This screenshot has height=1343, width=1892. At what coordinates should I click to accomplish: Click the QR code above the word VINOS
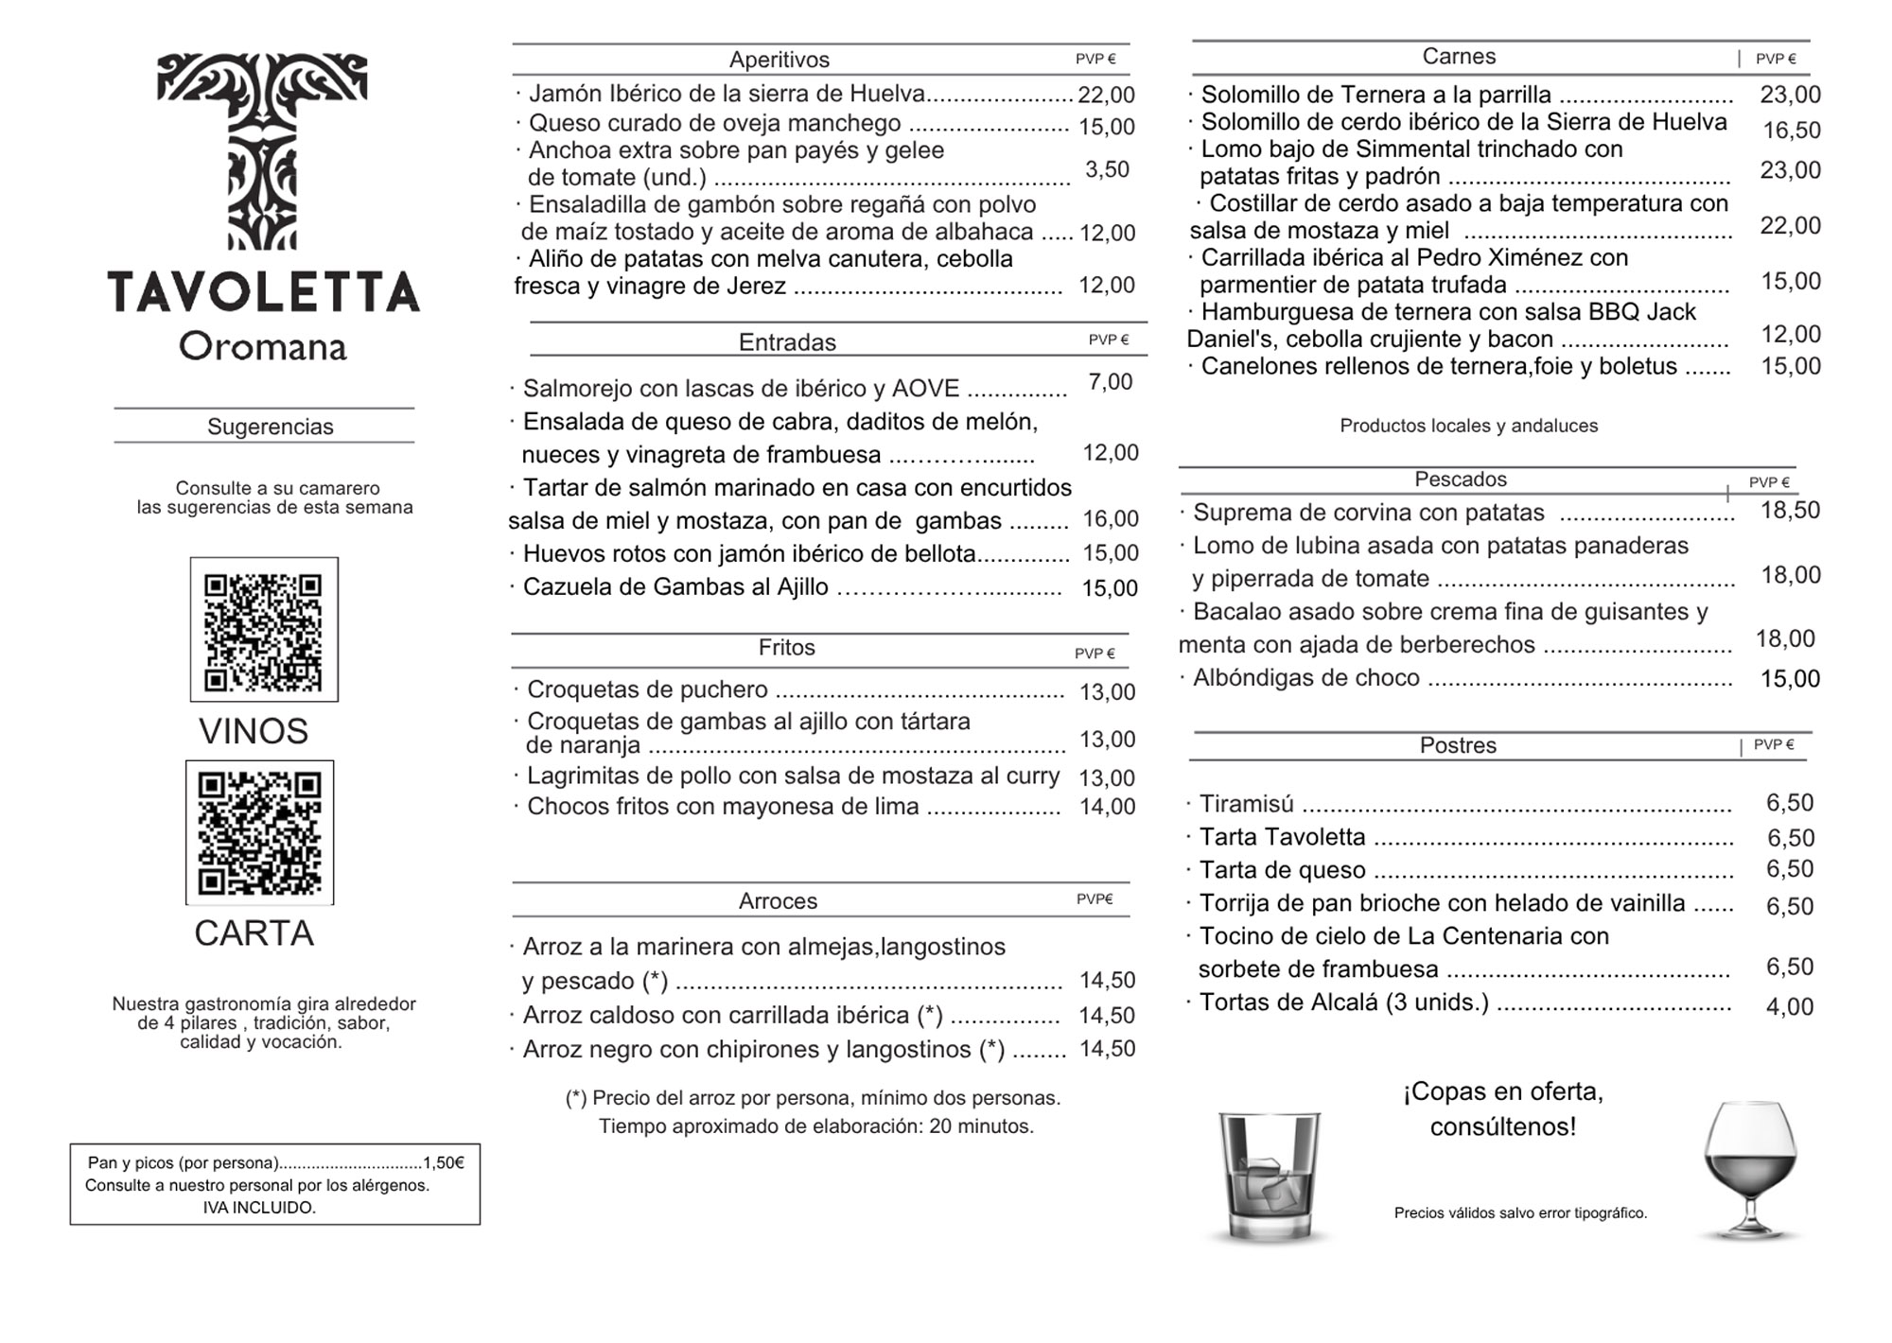click(264, 630)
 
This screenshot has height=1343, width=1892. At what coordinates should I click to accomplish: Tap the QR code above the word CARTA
click(260, 832)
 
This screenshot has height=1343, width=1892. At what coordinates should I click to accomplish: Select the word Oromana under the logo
click(263, 346)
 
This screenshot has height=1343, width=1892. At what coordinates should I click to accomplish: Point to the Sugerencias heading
click(271, 427)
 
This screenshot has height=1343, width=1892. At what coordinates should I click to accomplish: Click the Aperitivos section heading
click(779, 60)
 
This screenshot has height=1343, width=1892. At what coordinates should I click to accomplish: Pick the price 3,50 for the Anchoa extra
click(1107, 169)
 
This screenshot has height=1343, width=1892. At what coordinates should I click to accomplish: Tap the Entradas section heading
click(787, 341)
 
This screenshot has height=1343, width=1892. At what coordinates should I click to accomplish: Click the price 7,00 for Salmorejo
click(1110, 382)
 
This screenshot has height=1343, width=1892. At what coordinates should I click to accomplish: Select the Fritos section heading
click(786, 648)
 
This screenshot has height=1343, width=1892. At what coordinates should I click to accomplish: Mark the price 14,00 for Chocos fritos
click(1107, 807)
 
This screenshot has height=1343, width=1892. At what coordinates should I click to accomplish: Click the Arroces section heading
click(778, 901)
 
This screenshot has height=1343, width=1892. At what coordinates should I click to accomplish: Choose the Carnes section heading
click(1459, 57)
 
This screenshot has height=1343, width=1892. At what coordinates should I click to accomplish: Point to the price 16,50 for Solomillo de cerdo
click(1791, 131)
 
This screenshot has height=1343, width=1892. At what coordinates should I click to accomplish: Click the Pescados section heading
click(1461, 480)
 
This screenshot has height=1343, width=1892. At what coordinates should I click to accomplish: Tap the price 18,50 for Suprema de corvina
click(1790, 511)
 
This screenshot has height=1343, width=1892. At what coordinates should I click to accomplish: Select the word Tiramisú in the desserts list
click(1246, 804)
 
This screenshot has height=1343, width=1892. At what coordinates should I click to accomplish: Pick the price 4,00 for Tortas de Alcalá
click(1789, 1006)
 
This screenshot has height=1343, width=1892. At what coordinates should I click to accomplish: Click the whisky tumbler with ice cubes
click(1270, 1177)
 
